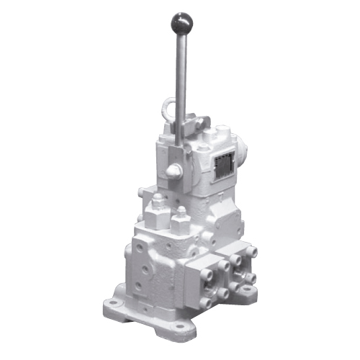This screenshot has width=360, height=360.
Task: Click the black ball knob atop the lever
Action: pos(179,21)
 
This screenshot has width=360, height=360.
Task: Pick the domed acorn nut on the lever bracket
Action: pos(174,170)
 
